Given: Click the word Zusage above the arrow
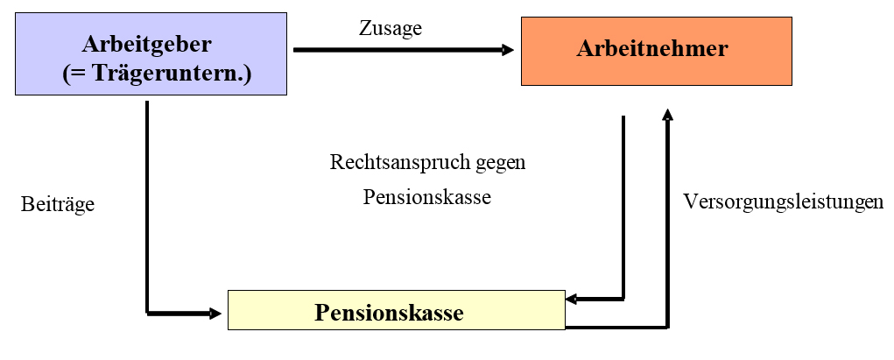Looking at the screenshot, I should pos(390,28).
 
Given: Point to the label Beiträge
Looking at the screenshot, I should pos(57,205).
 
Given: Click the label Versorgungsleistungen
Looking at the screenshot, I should pos(783,202).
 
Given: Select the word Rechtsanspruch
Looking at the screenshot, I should pos(390,163).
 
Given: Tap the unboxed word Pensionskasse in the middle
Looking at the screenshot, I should pos(427,197).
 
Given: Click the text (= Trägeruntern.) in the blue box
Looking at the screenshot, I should pos(157,74).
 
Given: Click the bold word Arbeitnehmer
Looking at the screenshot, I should pos(651,49).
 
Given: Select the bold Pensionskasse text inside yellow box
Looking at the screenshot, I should pos(389,313).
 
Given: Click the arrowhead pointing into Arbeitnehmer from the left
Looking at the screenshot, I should pos(508,50).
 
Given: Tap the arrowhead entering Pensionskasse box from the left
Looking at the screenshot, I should pos(215,312).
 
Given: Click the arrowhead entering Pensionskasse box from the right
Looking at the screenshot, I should pos(572,299).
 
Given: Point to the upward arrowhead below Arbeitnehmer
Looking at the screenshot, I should pos(668,114).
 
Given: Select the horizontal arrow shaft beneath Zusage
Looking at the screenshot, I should pos(394,50).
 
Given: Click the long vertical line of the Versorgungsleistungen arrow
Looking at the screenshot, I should pos(668,228).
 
